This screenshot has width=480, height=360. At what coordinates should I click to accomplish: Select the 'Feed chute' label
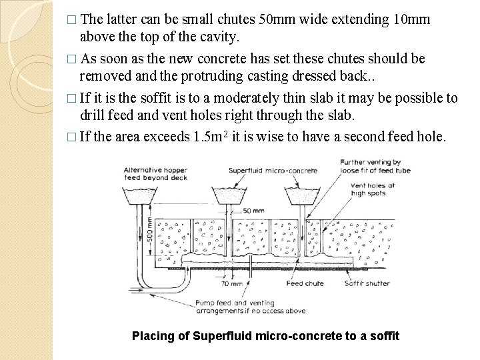coord(305,283)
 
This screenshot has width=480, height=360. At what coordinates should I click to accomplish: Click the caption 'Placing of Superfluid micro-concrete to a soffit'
coord(265,335)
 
